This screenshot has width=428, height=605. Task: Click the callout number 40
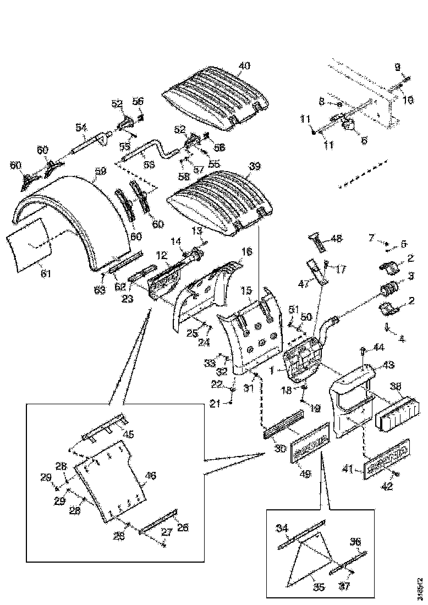[x=244, y=65]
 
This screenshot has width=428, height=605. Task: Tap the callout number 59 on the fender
[x=100, y=172]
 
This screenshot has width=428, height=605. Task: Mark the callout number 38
[x=396, y=387]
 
